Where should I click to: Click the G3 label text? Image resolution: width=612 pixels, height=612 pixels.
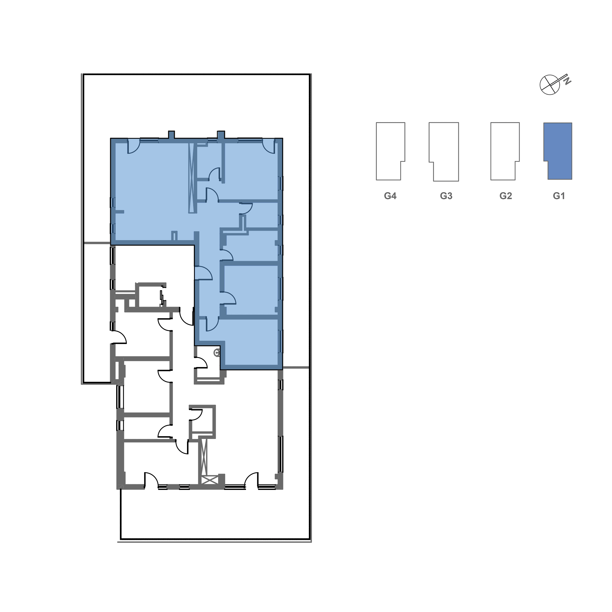click(446, 196)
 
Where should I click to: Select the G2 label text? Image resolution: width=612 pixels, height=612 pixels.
click(505, 196)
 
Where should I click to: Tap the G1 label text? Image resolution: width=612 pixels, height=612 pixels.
click(559, 196)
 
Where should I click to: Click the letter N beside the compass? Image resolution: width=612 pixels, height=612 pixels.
click(568, 81)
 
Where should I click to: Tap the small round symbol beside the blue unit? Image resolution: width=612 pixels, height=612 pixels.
click(217, 353)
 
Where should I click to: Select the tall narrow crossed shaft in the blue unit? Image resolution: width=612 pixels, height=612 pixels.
click(191, 178)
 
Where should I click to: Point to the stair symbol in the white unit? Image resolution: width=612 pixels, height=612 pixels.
click(162, 298)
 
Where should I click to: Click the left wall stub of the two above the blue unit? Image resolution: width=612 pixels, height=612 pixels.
click(171, 135)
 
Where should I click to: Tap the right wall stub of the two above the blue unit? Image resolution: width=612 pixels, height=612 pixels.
click(221, 135)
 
